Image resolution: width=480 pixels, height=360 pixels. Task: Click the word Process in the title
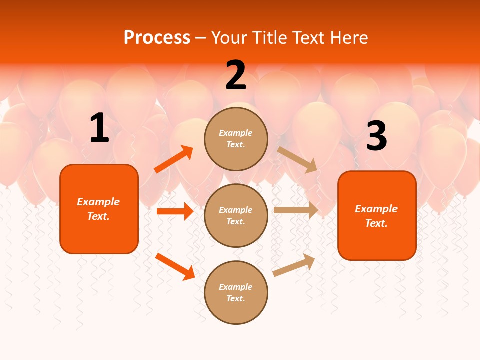(157, 38)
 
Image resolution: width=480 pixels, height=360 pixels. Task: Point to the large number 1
(99, 129)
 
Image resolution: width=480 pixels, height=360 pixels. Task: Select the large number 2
(236, 76)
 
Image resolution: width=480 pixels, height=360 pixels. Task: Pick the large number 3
(376, 136)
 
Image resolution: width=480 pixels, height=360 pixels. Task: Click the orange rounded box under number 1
(99, 209)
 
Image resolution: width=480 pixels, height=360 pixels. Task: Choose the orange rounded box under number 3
(377, 215)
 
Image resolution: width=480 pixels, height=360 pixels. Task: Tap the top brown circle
(236, 139)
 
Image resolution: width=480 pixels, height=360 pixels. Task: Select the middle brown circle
(236, 215)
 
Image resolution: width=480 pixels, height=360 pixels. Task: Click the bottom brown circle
(236, 292)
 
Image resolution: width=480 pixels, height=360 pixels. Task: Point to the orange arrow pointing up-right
(174, 159)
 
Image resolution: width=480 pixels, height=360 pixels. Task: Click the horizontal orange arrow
(175, 211)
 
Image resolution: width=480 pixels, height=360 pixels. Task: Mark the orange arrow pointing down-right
(175, 266)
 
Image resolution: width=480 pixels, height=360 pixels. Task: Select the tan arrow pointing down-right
(297, 159)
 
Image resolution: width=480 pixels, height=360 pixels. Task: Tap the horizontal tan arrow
(296, 210)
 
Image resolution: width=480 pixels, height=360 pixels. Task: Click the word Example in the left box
(98, 202)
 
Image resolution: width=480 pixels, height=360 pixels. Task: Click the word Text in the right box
(375, 223)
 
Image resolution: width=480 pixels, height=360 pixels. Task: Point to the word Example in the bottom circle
(236, 287)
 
